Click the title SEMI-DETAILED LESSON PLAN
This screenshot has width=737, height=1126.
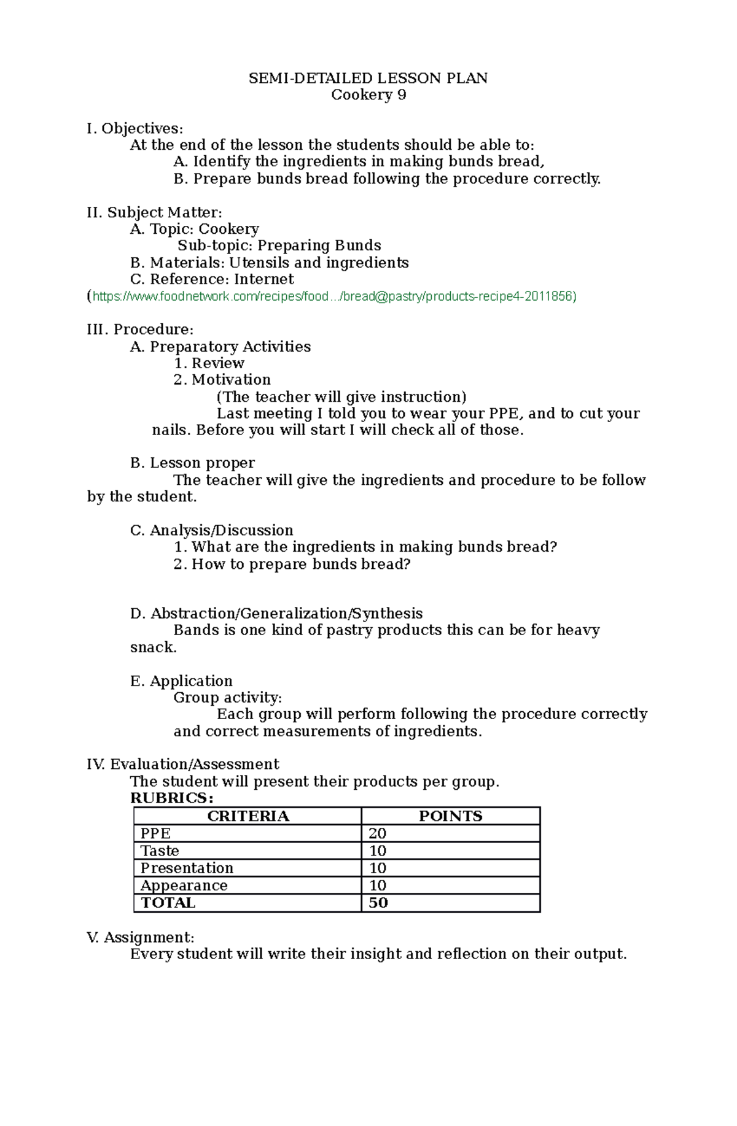click(368, 79)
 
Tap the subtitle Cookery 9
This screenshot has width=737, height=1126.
click(368, 95)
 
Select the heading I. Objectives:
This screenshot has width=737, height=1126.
click(135, 129)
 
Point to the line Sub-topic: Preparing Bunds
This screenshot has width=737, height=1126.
click(279, 246)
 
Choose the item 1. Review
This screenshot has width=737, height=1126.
click(209, 363)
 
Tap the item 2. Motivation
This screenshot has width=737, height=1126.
click(222, 380)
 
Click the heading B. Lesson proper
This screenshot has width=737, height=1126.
click(192, 463)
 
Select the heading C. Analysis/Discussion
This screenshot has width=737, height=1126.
click(212, 531)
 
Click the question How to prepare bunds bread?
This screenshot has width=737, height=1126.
click(292, 565)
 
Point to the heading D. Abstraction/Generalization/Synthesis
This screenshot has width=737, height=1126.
click(276, 614)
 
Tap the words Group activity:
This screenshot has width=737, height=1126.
click(228, 698)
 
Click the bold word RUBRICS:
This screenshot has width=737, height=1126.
click(172, 798)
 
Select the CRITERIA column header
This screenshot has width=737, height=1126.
click(248, 816)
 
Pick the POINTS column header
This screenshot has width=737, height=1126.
click(450, 816)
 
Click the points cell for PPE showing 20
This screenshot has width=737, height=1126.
click(377, 833)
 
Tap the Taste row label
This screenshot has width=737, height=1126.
click(160, 851)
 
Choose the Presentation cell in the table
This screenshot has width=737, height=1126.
click(187, 868)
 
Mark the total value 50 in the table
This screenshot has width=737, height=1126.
click(378, 903)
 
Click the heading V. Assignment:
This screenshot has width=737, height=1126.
click(141, 938)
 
